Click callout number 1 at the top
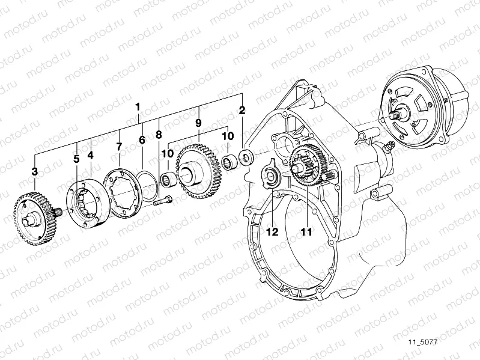click(x=138, y=107)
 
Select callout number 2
click(x=242, y=111)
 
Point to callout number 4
click(x=90, y=155)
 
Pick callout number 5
click(x=76, y=159)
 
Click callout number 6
click(x=142, y=140)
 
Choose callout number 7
click(x=119, y=146)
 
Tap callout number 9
click(x=198, y=123)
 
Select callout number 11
click(x=307, y=231)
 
